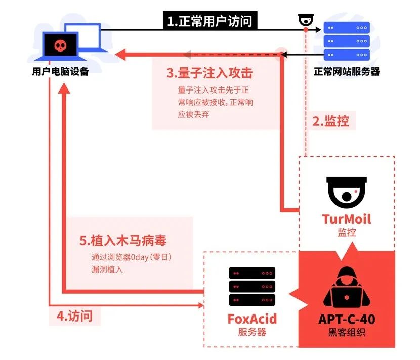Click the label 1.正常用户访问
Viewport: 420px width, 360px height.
pos(209,21)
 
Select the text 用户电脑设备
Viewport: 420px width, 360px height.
pos(60,72)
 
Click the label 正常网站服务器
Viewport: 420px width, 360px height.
pos(347,72)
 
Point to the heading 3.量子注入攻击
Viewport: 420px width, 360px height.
pos(209,73)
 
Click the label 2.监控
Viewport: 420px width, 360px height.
pos(330,121)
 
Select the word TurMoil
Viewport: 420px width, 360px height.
pos(347,219)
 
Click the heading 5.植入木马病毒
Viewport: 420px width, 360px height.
pos(123,240)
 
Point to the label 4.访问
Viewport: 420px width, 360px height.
pos(74,317)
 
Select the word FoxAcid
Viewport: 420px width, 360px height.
pos(252,319)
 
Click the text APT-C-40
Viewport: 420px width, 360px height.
pos(347,320)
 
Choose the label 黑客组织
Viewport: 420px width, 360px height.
pos(347,333)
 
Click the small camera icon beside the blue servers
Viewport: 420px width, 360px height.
pos(306,20)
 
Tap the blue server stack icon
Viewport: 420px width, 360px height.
pos(347,40)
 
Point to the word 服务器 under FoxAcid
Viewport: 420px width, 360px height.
pos(252,332)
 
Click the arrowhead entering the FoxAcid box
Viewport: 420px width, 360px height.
pos(199,305)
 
